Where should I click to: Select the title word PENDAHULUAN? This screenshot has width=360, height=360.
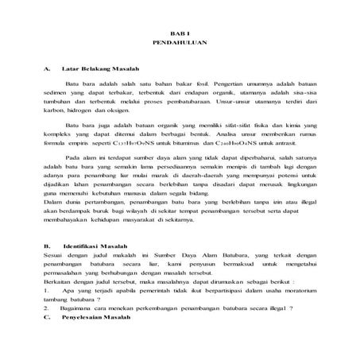pyautogui.click(x=180, y=39)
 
